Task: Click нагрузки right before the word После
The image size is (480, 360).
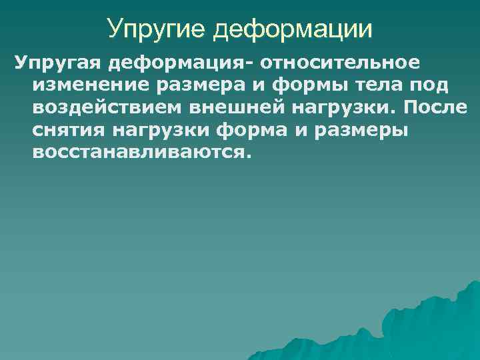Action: [x=341, y=108]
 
